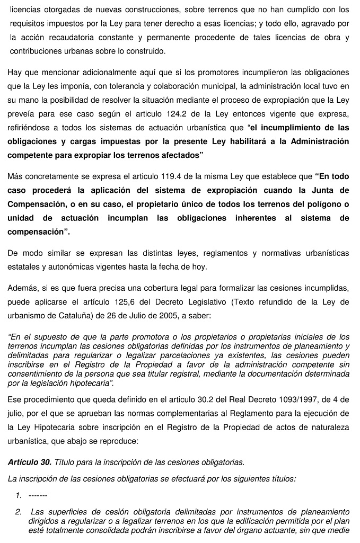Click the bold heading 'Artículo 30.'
(30, 462)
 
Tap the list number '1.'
(19, 495)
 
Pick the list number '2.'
(19, 512)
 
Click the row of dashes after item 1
(38, 495)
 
